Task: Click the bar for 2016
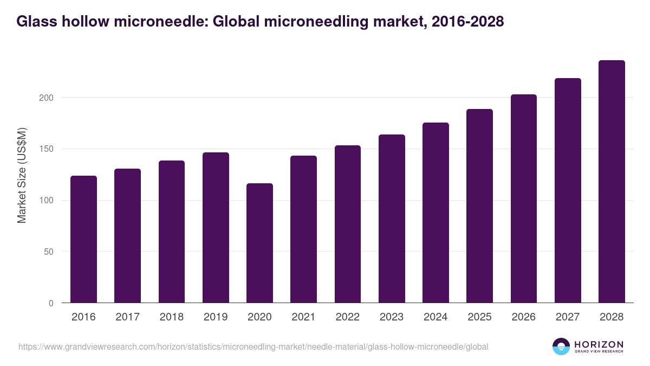tap(83, 239)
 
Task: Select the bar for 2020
tap(259, 243)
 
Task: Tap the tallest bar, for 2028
tap(612, 182)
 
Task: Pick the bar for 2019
tap(216, 228)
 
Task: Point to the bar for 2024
tap(435, 213)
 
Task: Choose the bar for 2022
tap(347, 224)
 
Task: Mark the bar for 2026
tap(524, 198)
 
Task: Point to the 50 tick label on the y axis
tap(49, 252)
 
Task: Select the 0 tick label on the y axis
tap(51, 303)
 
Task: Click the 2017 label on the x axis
tap(127, 317)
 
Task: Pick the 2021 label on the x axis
tap(303, 317)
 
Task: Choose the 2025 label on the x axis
tap(479, 317)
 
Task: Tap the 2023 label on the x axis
tap(392, 317)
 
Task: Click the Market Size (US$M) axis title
tap(22, 175)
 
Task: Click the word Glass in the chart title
tap(35, 21)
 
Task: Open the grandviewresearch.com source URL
tap(253, 346)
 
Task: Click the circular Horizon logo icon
tap(561, 346)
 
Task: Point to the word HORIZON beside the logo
tap(599, 344)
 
